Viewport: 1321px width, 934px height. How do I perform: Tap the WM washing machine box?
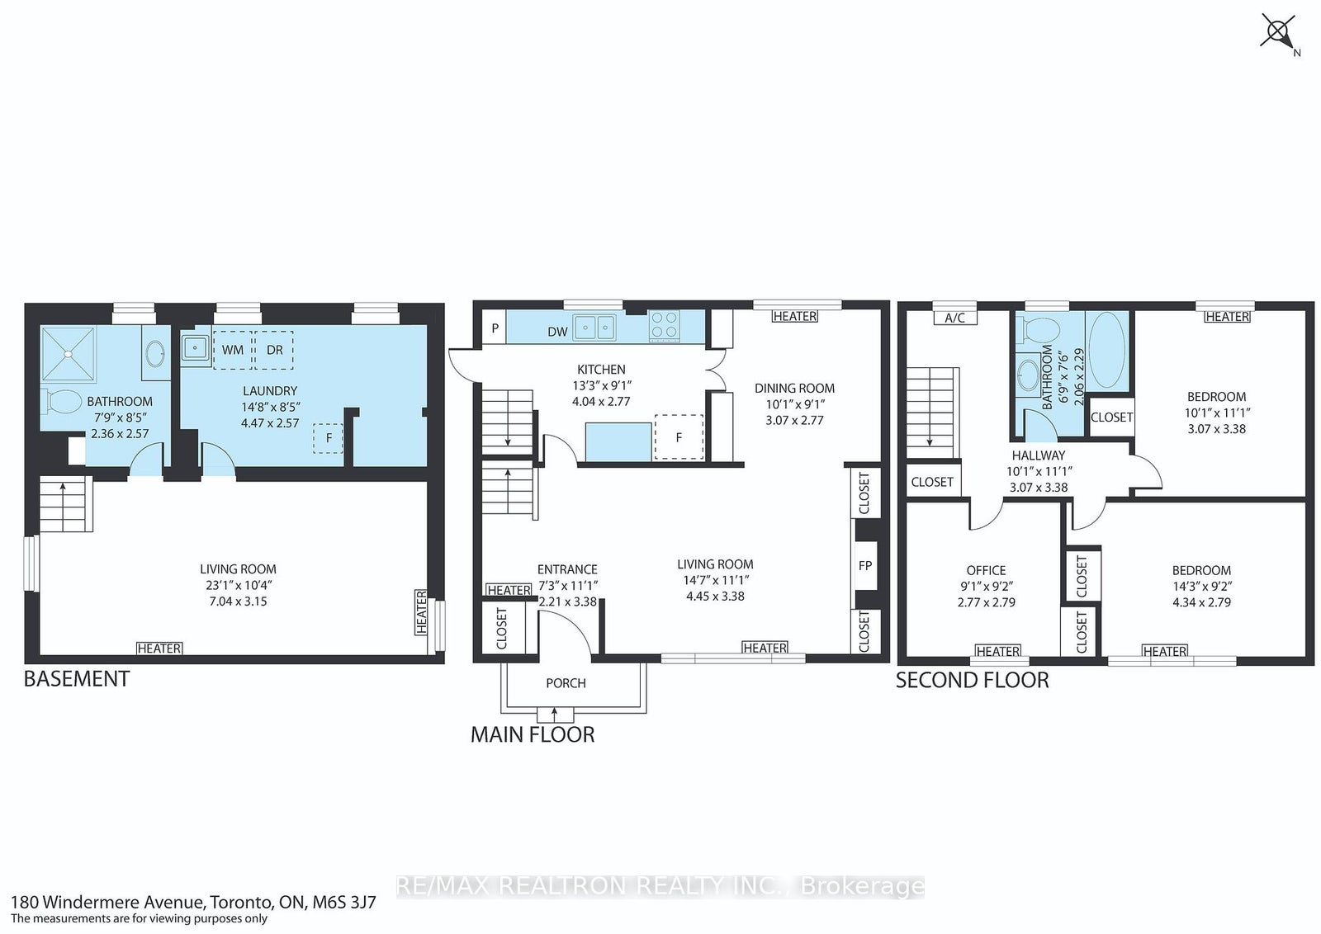point(233,350)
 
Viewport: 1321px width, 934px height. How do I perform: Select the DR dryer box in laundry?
point(274,350)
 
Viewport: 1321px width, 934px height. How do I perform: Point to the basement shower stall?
point(68,354)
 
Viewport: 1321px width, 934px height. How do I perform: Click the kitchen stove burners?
point(664,326)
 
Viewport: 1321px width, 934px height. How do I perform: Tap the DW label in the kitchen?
point(557,332)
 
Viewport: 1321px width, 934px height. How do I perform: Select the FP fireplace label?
point(865,566)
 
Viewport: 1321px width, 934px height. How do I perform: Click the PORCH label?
point(566,683)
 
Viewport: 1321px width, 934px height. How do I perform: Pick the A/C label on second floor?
point(954,318)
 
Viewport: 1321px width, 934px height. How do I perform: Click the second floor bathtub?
point(1107,350)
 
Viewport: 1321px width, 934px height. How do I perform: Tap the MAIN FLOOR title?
point(533,735)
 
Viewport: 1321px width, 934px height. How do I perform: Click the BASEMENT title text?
point(77,679)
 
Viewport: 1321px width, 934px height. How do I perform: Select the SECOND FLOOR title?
point(973,680)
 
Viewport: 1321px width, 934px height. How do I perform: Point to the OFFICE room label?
point(986,570)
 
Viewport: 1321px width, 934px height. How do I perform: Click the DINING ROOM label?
point(794,389)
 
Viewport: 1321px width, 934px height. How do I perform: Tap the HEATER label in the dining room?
point(795,317)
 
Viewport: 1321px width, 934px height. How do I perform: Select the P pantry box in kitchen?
point(495,328)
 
